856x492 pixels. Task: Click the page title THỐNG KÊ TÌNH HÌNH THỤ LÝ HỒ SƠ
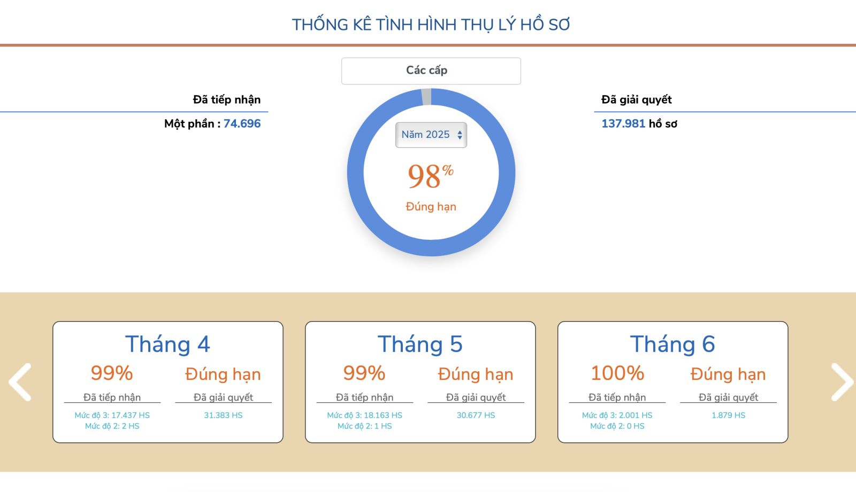[431, 25]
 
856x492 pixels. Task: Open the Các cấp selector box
[431, 71]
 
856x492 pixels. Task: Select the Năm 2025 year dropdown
[431, 135]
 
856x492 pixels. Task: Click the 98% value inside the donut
[431, 176]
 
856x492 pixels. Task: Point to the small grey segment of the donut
[426, 97]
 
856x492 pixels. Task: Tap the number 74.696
[242, 124]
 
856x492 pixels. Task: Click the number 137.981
[623, 124]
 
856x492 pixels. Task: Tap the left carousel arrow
[20, 382]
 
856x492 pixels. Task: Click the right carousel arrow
[842, 382]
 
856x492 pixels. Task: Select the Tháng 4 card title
[167, 344]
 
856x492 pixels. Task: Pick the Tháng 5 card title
[420, 344]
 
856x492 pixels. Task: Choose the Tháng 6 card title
[672, 344]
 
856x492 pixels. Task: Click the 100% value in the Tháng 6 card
[617, 373]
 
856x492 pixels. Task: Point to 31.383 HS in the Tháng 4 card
[223, 415]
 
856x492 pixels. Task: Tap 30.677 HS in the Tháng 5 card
[476, 415]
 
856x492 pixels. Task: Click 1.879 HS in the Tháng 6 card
[728, 415]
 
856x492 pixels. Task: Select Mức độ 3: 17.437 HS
[112, 415]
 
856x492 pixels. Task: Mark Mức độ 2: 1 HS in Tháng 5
[364, 426]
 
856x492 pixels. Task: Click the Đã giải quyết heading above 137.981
[636, 100]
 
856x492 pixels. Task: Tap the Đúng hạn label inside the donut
[431, 207]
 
